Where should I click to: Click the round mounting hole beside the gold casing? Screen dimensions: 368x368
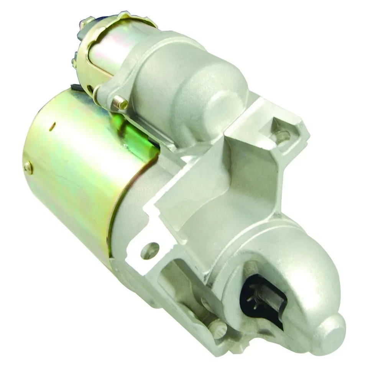[150, 250]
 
